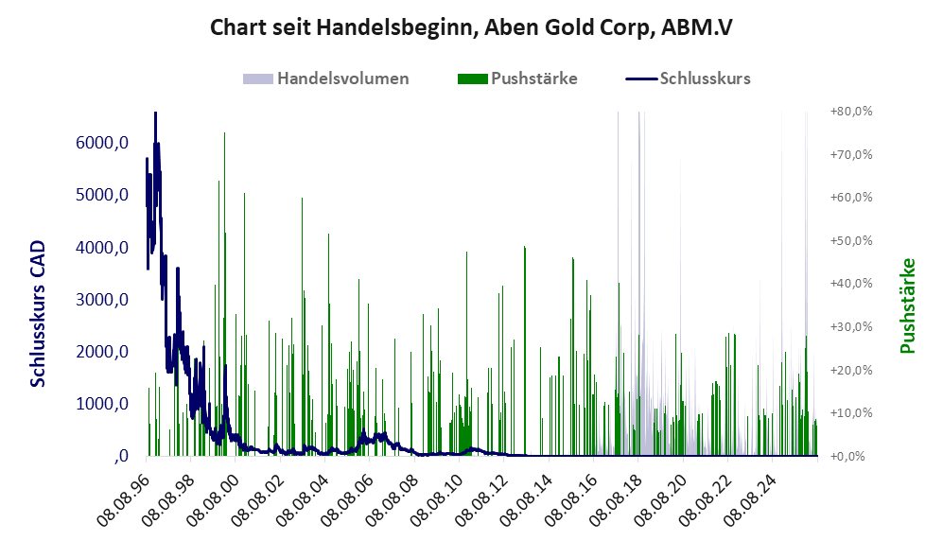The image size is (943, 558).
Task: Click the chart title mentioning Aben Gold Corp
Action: [x=471, y=27]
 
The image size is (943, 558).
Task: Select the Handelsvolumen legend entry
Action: [x=326, y=78]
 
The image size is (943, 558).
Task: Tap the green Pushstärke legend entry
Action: [x=517, y=78]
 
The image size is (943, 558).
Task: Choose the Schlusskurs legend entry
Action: [x=688, y=78]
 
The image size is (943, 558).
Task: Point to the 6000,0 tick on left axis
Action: [x=102, y=143]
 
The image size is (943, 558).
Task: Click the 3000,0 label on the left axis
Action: [x=102, y=299]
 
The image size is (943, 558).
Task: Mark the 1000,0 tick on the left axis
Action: [x=102, y=404]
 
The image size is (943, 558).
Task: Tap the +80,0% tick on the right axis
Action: [x=851, y=112]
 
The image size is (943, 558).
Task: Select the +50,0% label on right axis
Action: [x=851, y=240]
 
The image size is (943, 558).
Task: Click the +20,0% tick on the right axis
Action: [x=851, y=370]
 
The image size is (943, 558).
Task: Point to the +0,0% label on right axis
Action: [x=851, y=457]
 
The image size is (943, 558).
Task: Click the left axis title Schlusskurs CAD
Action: [x=38, y=313]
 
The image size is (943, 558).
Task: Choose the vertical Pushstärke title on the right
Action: [x=907, y=305]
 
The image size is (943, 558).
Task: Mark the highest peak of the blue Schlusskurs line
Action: [x=155, y=113]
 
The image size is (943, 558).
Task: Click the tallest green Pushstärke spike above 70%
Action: [x=224, y=295]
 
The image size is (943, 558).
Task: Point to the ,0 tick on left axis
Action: [x=121, y=456]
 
